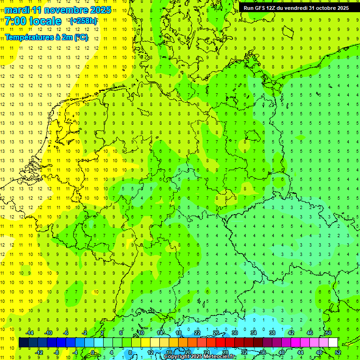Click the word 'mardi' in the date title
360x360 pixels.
point(15,10)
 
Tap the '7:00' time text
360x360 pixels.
point(15,21)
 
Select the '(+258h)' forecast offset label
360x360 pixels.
point(83,21)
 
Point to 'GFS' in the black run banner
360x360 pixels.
point(262,8)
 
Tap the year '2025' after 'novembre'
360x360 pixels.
point(101,10)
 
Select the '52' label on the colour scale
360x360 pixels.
point(337,352)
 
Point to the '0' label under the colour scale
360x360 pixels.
point(93,352)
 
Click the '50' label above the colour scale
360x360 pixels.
point(328,333)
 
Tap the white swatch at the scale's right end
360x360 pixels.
point(333,343)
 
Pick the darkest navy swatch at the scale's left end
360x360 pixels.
point(23,343)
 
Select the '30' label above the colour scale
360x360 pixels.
point(234,333)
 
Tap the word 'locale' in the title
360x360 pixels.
point(44,21)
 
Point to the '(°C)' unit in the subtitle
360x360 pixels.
point(80,37)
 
